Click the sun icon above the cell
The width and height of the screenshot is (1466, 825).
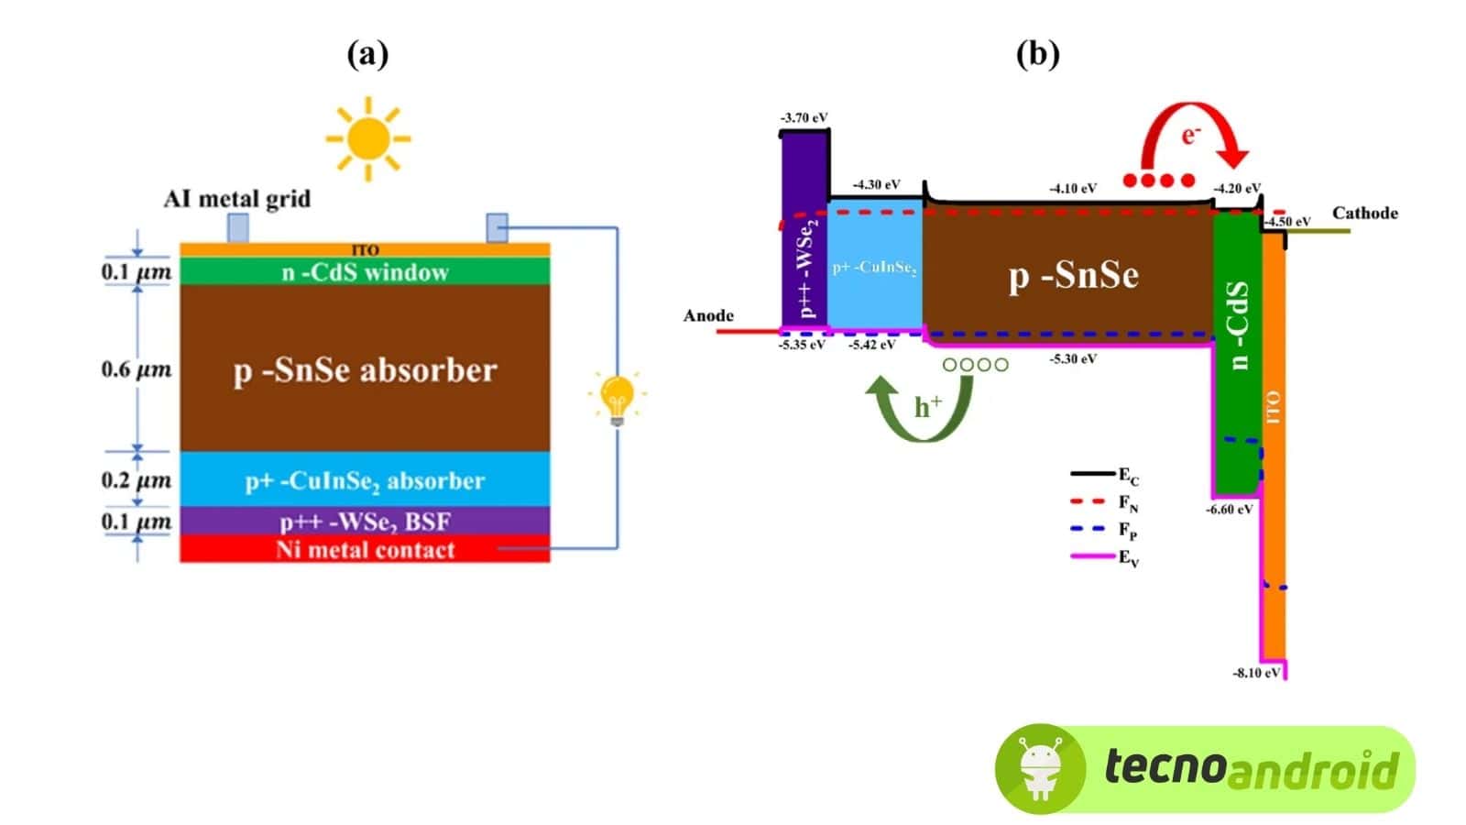368,139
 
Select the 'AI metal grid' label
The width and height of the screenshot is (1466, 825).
237,199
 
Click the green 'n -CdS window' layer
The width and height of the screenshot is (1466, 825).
365,272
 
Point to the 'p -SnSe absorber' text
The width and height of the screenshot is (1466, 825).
365,370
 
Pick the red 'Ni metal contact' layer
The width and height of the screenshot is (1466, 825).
365,550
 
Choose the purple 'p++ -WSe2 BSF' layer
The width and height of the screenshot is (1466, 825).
365,522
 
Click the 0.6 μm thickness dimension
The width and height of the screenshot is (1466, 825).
136,370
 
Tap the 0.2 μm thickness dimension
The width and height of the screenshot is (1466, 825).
136,480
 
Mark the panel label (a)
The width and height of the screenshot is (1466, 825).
367,54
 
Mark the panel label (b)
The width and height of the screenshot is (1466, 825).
1037,54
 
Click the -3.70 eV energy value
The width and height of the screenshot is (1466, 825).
804,118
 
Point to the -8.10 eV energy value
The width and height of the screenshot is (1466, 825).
1255,673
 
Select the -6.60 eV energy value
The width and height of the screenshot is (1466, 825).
1229,509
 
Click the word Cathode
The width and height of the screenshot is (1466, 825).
1364,214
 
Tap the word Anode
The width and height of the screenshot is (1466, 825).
708,316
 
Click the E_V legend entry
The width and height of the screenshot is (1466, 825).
1105,557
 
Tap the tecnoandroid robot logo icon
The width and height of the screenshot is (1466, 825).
1040,768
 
